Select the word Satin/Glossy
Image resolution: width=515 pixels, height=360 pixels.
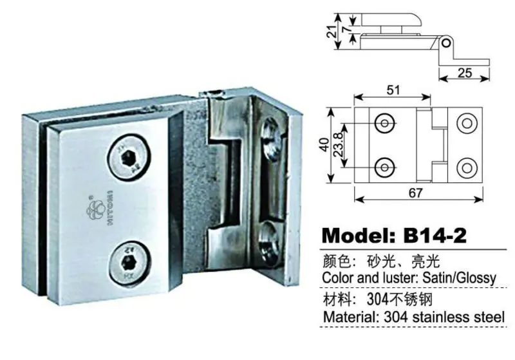(459, 278)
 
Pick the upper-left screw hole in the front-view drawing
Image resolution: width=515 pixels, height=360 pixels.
(386, 123)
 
